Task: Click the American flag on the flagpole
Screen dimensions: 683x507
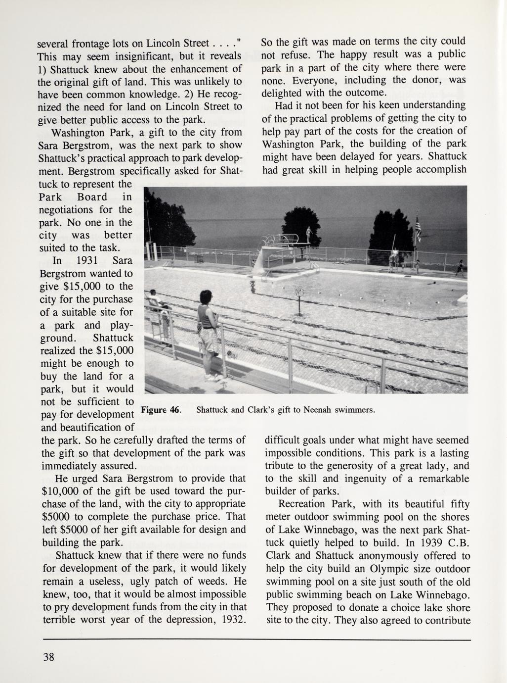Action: [x=418, y=228]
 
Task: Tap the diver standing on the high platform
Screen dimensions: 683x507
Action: [x=309, y=234]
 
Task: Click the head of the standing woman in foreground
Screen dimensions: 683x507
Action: [x=205, y=298]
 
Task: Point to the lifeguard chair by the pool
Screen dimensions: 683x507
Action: [x=393, y=258]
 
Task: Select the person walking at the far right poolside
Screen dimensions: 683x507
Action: [x=461, y=267]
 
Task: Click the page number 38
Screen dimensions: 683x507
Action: [x=48, y=657]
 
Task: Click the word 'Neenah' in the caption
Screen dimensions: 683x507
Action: [x=319, y=410]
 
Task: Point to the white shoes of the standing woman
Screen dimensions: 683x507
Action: [x=212, y=378]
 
